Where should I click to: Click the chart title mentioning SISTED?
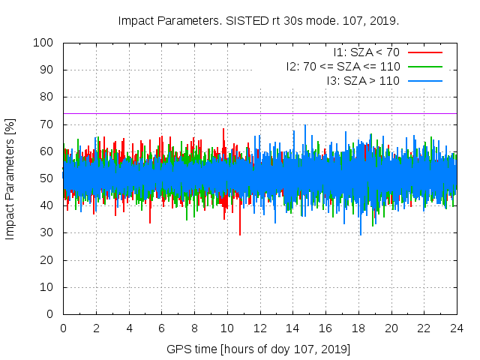click(x=259, y=20)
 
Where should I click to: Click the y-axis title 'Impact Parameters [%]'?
click(x=10, y=178)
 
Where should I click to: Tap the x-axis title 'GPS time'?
click(x=259, y=349)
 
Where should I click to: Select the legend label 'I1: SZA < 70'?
click(x=367, y=52)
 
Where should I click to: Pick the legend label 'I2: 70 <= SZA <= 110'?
click(x=343, y=66)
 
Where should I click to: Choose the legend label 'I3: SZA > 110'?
click(x=363, y=80)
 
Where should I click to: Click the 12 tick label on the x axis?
click(x=259, y=328)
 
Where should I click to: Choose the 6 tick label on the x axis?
click(x=161, y=328)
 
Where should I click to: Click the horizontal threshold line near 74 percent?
click(x=225, y=113)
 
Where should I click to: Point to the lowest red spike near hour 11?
click(x=240, y=234)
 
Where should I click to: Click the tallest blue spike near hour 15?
click(x=304, y=126)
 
